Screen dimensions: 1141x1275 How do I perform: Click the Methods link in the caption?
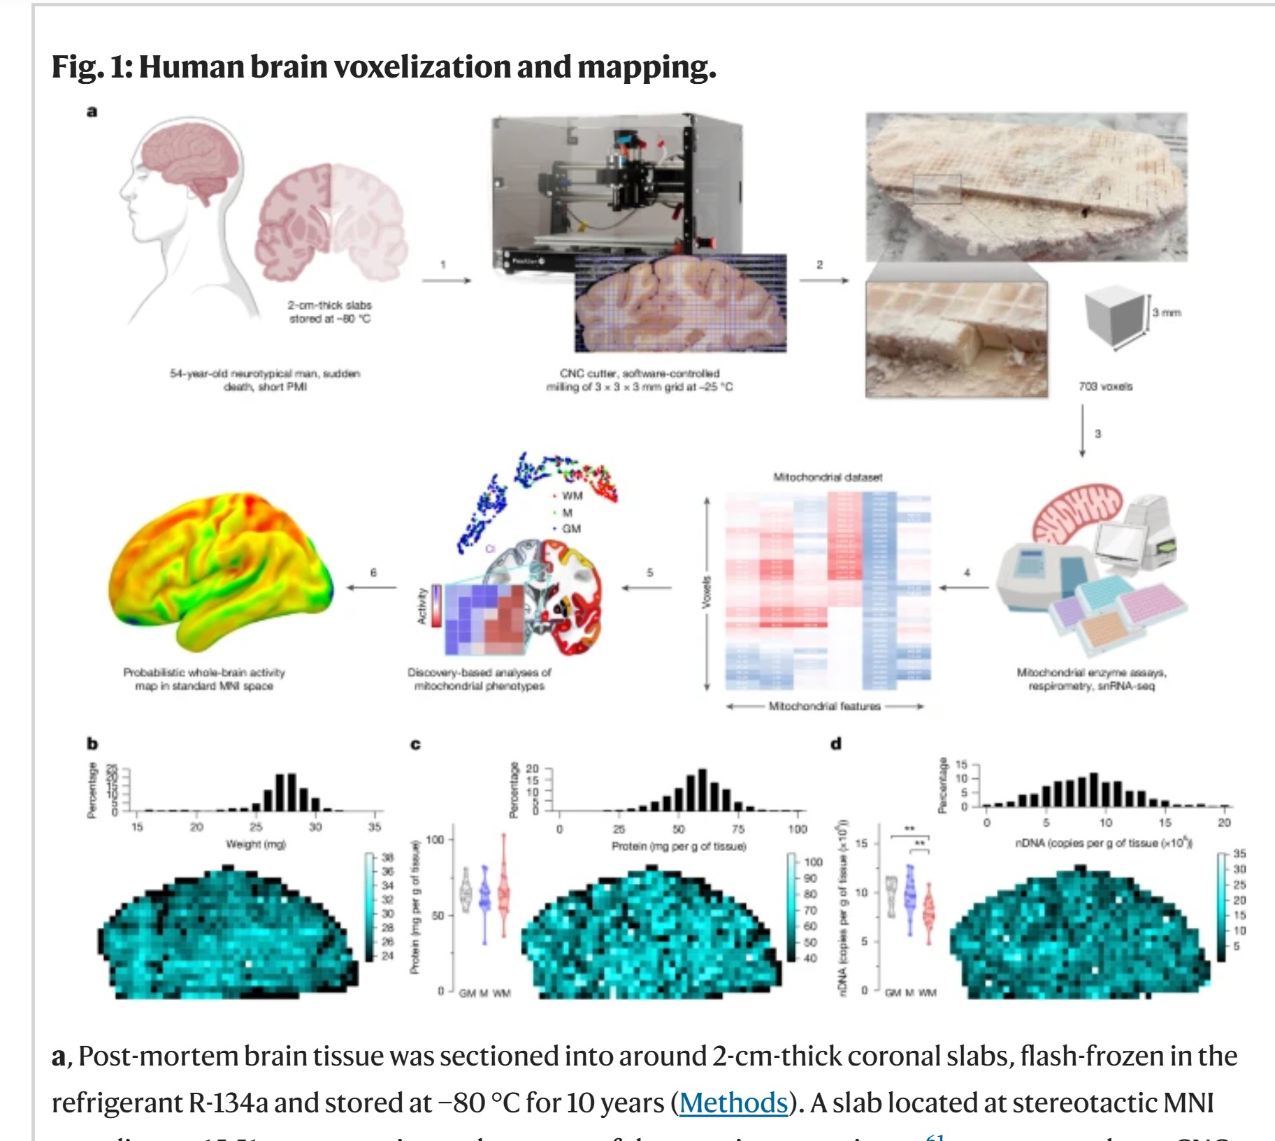733,1103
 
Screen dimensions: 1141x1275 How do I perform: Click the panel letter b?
92,743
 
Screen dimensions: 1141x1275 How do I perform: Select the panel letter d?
835,743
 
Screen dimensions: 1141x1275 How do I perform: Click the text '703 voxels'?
1105,386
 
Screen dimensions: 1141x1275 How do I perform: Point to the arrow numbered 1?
447,280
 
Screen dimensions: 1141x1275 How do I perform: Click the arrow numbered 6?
372,587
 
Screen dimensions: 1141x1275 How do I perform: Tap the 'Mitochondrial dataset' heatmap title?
828,477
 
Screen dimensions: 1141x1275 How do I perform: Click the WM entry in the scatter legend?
571,495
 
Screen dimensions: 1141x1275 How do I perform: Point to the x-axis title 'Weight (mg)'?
256,844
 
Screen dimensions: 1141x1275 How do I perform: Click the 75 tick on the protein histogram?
738,829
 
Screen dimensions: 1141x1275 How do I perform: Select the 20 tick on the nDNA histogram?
1224,822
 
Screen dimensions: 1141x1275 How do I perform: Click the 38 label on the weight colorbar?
387,857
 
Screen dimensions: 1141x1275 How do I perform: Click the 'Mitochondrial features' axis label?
824,706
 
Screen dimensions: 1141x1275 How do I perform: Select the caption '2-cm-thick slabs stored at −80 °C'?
330,312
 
